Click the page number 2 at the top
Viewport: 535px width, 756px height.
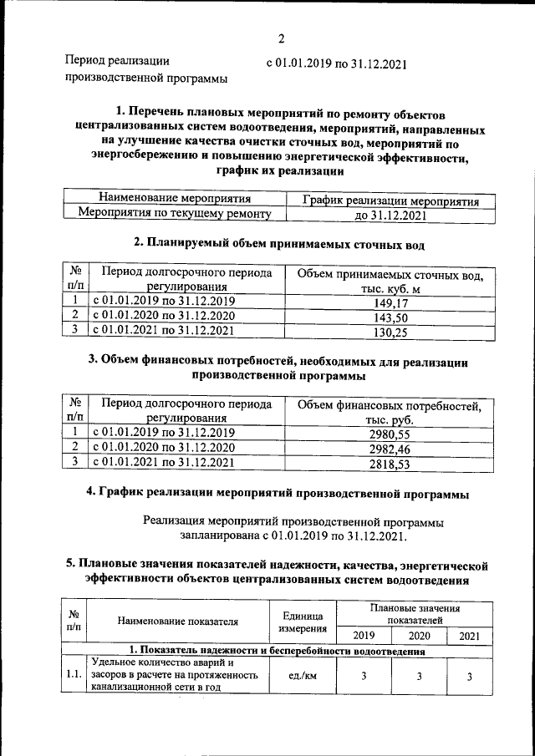(281, 38)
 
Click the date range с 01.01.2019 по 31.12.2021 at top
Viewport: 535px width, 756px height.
(336, 62)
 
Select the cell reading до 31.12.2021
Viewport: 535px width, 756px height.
(385, 216)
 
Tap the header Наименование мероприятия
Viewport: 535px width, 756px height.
(175, 200)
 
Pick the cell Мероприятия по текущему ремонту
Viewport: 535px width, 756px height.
(175, 215)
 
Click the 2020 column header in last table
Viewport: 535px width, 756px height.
(419, 636)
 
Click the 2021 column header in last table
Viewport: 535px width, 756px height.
(470, 636)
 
